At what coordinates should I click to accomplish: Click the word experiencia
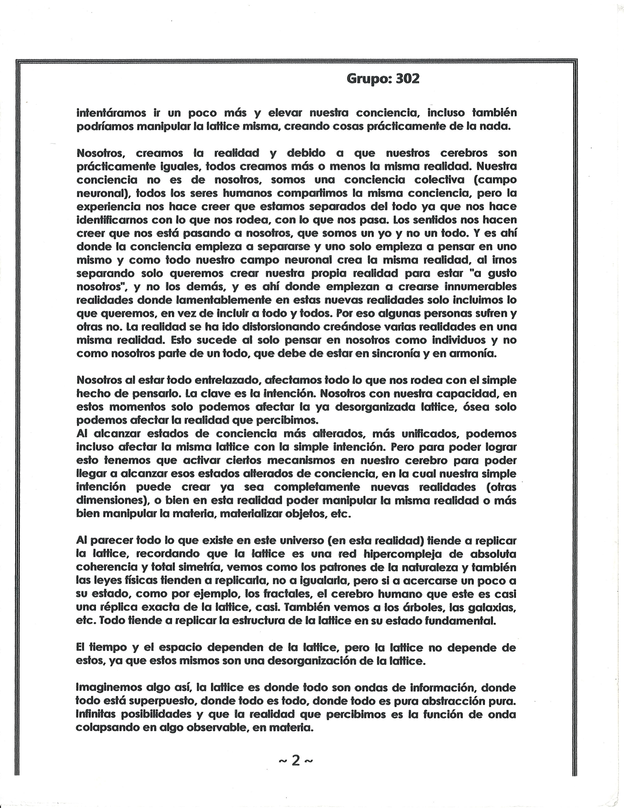(x=107, y=206)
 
